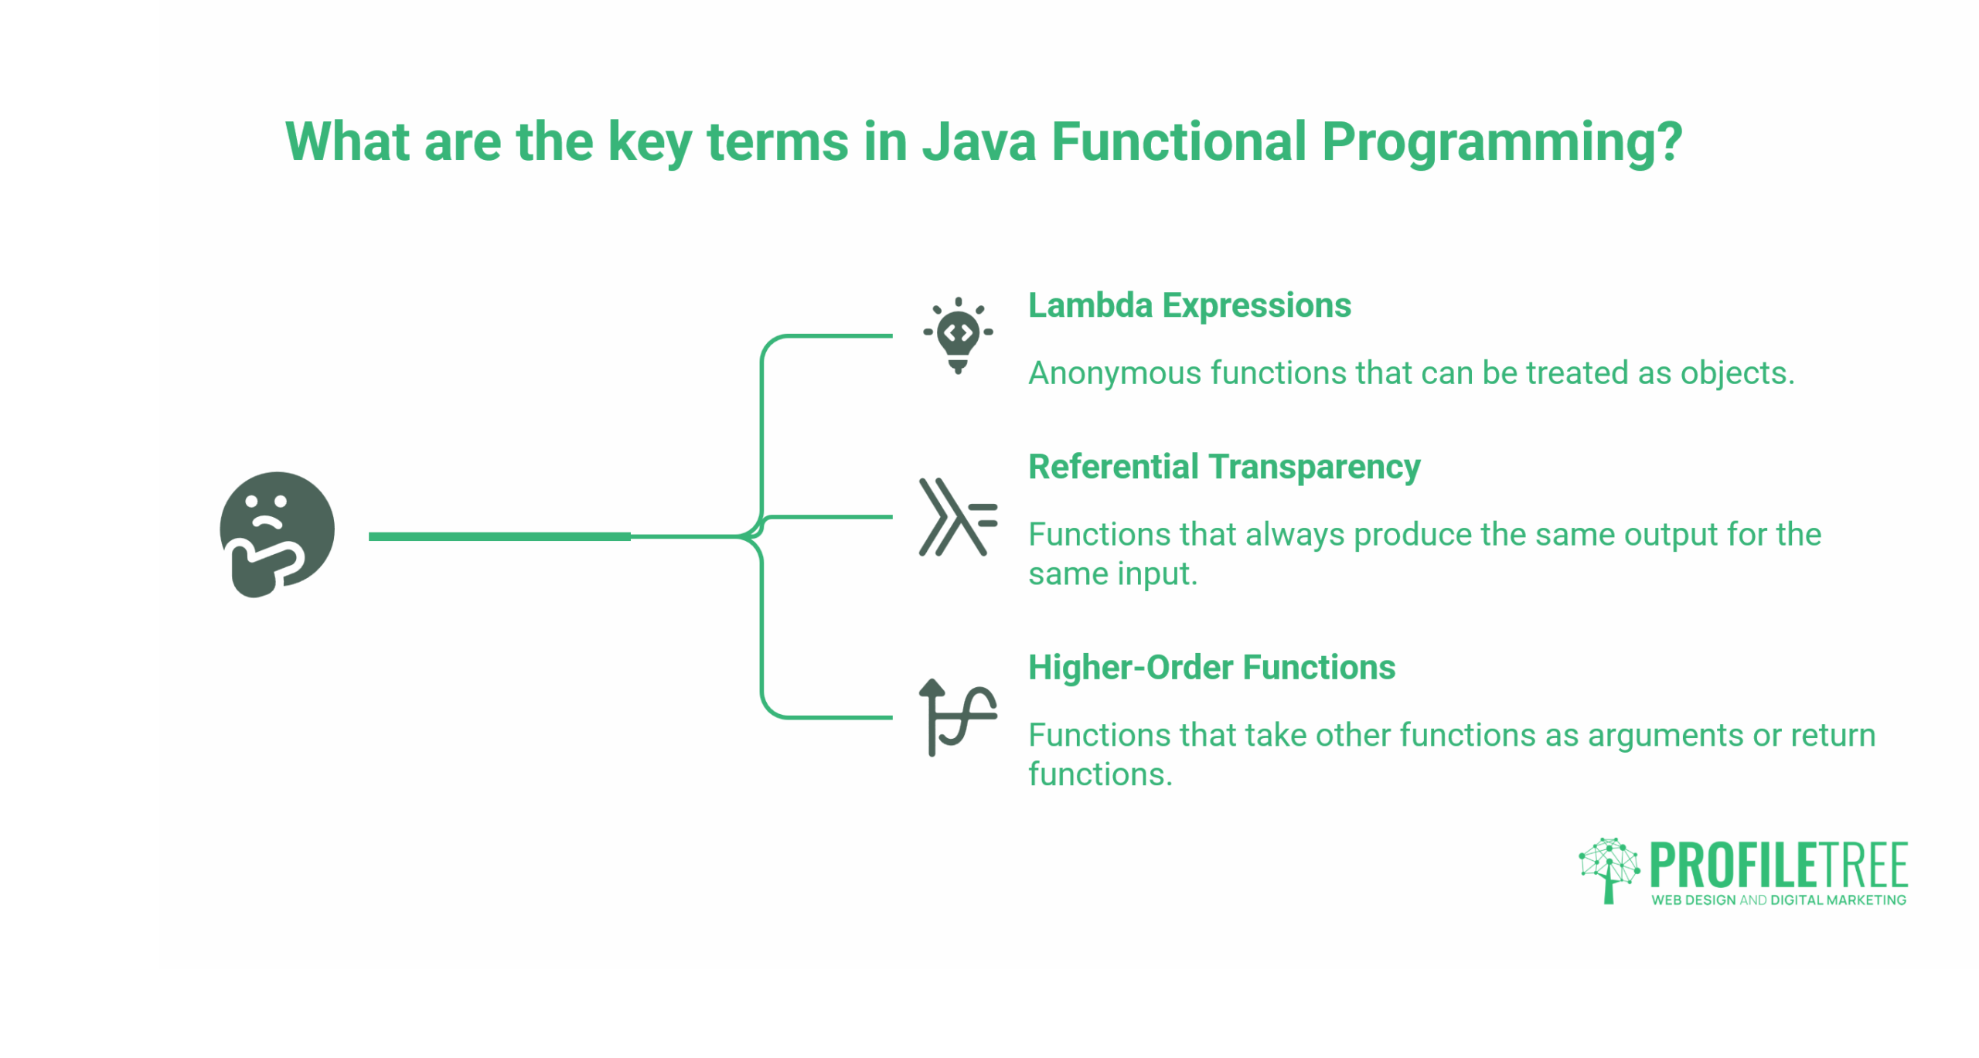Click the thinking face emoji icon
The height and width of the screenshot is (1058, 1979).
click(276, 532)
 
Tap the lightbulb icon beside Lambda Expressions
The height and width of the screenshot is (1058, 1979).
click(957, 335)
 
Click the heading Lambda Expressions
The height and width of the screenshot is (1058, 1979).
click(1188, 305)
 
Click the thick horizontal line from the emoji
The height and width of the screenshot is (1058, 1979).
click(499, 536)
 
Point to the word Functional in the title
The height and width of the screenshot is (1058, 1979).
click(1177, 142)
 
